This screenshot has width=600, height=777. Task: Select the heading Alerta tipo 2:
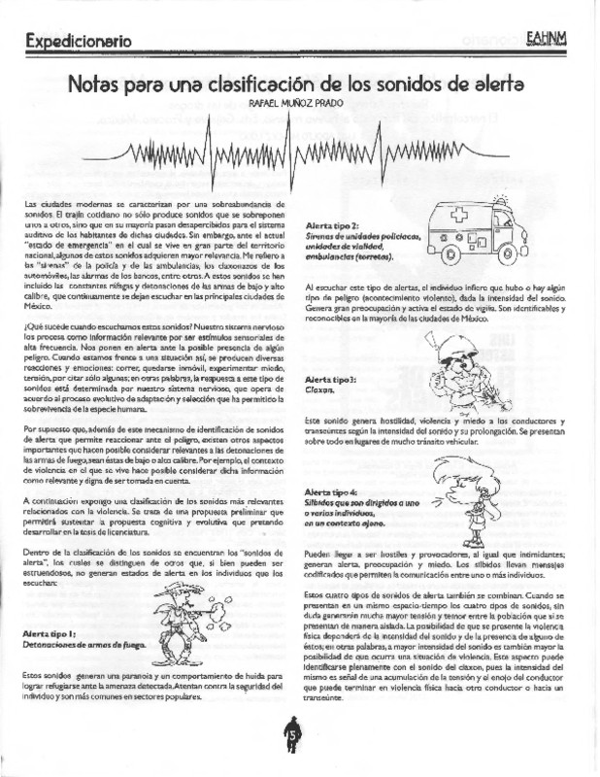click(x=330, y=225)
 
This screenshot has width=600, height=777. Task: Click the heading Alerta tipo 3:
click(x=330, y=378)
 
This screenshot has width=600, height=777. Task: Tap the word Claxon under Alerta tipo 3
click(x=319, y=389)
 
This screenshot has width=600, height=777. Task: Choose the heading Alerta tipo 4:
click(x=330, y=492)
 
